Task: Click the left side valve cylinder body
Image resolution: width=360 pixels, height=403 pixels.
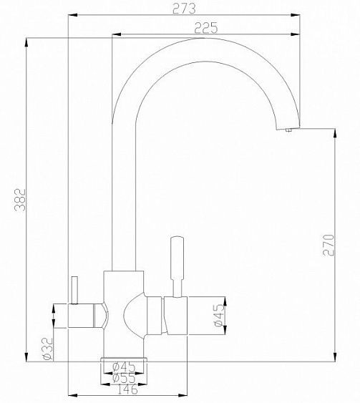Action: [x=84, y=315]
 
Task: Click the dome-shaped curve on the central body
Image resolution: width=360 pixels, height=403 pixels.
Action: [x=134, y=315]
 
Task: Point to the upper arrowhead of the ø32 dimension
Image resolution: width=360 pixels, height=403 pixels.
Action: [x=55, y=307]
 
